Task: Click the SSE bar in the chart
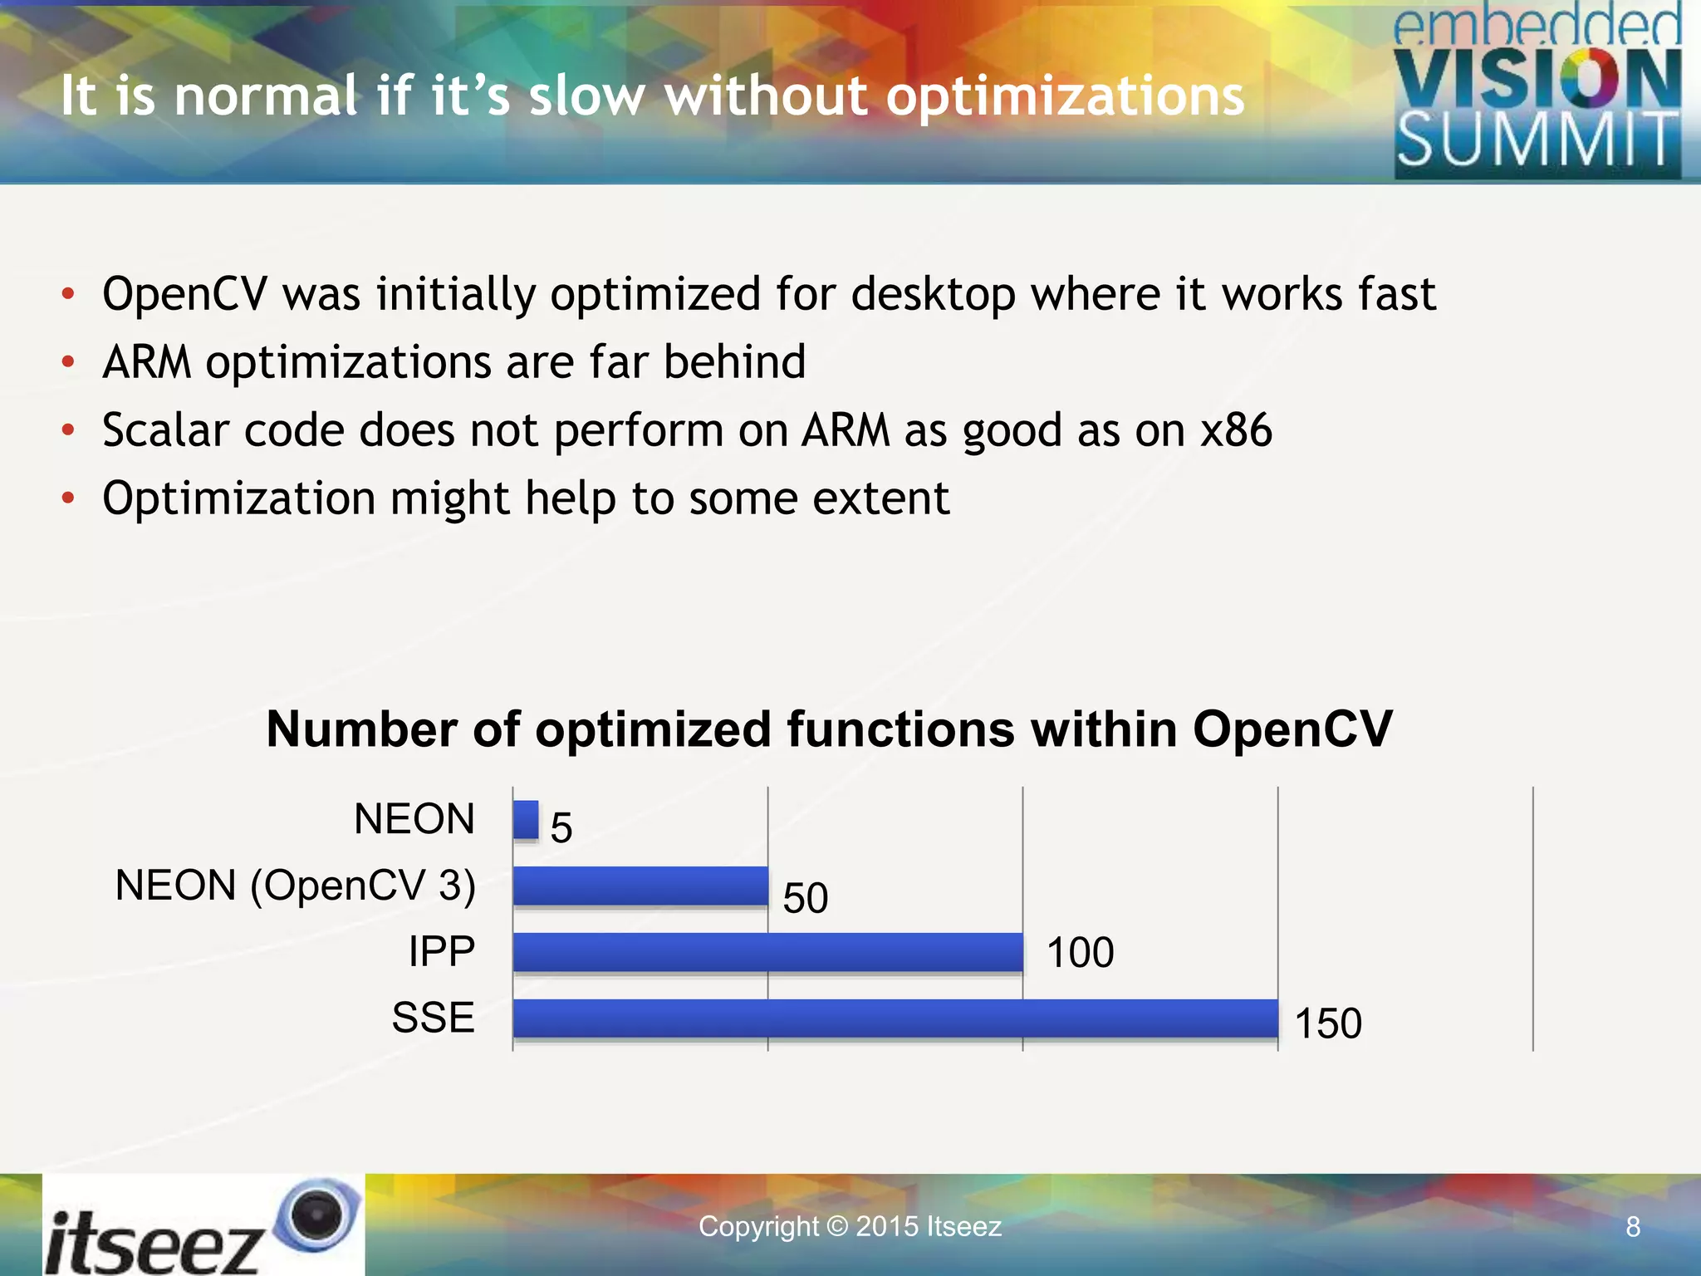click(895, 1018)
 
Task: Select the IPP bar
click(767, 951)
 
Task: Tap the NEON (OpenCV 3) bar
click(640, 885)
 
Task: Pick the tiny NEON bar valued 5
click(526, 819)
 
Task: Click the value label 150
click(1328, 1023)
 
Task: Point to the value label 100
click(1080, 952)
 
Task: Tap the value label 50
click(806, 898)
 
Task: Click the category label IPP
click(442, 951)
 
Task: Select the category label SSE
click(434, 1018)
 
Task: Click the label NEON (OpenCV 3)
click(296, 885)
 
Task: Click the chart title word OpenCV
click(1292, 729)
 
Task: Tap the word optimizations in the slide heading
click(1065, 96)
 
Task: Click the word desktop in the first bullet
click(934, 294)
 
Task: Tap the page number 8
click(1633, 1227)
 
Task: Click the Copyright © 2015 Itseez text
click(850, 1226)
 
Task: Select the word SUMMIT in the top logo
click(1538, 141)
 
